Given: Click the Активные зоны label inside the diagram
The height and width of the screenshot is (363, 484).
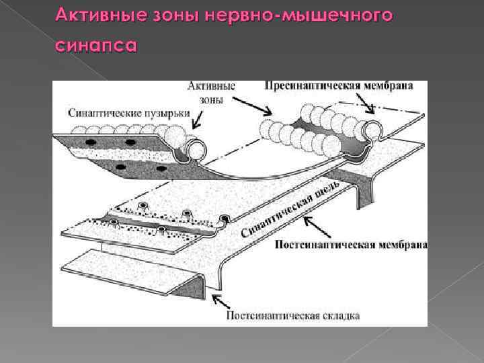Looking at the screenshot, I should tap(211, 93).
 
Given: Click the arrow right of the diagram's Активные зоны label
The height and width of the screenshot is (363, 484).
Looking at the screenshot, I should tap(255, 106).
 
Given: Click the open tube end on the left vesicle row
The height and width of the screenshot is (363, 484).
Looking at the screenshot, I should tap(196, 149).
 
